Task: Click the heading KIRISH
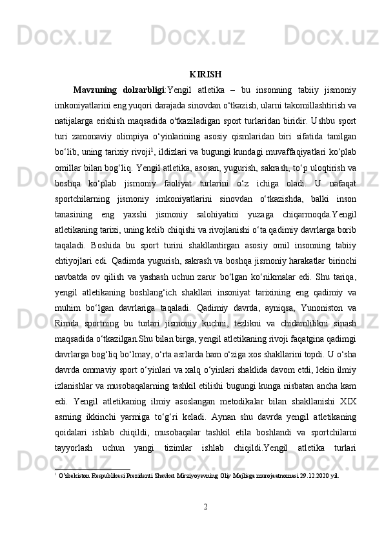pos(206,74)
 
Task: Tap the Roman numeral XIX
pos(348,415)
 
